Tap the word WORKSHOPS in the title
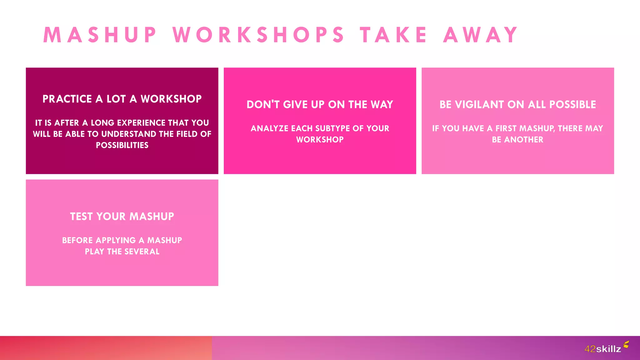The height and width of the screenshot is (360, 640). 258,35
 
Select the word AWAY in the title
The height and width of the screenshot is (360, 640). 481,35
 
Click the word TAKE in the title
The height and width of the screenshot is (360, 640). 393,35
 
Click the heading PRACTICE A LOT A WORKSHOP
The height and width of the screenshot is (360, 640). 122,99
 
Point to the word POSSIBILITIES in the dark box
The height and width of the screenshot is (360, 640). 122,145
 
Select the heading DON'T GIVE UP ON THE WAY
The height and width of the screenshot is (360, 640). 320,104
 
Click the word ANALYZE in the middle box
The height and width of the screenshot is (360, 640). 269,128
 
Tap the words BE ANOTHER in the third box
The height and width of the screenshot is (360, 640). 517,140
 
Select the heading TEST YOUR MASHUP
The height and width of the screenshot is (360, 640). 122,216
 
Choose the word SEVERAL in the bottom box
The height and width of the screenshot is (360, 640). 142,252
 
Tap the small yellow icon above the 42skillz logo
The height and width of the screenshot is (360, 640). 626,344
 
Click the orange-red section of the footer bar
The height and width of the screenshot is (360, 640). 106,348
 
